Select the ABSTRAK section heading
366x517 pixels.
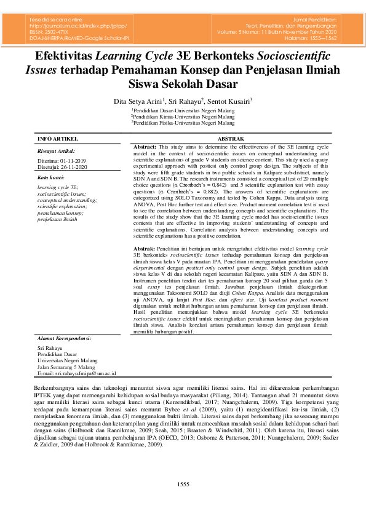click(x=231, y=139)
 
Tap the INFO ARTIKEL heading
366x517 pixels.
click(x=58, y=139)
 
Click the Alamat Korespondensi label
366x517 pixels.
click(x=64, y=338)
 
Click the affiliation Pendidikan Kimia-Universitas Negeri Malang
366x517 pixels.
click(x=183, y=115)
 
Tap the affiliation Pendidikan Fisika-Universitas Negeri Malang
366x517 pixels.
click(x=183, y=122)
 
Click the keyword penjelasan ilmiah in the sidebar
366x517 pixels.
click(x=57, y=219)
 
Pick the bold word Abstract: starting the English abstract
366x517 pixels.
click(x=145, y=148)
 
